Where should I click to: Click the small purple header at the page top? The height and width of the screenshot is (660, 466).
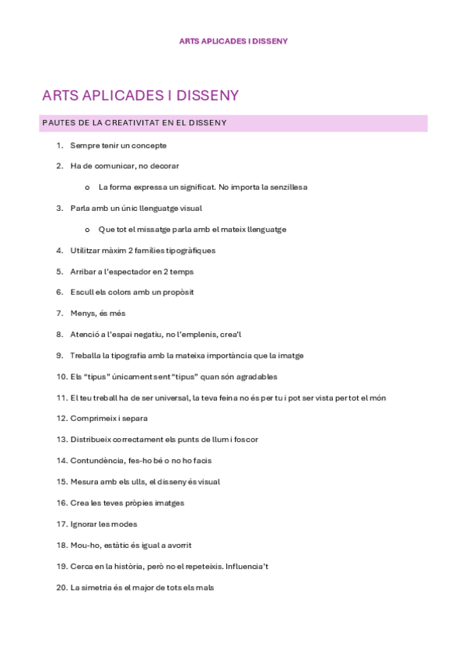[x=233, y=41]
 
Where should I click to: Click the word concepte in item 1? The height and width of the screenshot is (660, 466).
[x=150, y=146]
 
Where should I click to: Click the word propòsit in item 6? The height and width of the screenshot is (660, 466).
[x=176, y=293]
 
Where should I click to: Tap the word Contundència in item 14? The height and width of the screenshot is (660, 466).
[x=94, y=461]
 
